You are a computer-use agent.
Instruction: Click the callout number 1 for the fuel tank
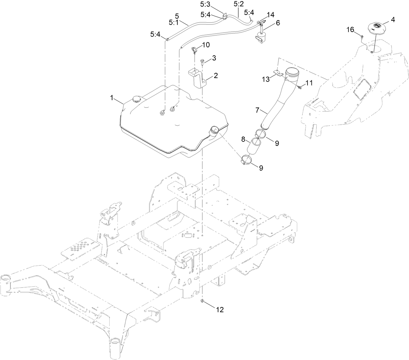point(112,98)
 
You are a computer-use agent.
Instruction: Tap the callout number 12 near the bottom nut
point(220,310)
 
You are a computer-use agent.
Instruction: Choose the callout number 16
point(350,30)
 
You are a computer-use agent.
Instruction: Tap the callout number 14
point(270,15)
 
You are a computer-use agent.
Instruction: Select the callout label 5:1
point(174,22)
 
